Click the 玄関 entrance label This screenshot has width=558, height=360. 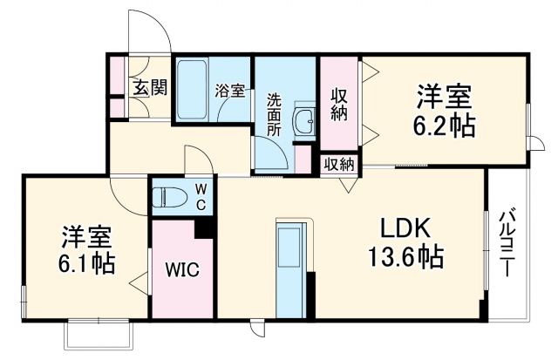pos(150,87)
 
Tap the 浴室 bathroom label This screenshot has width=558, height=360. pos(229,88)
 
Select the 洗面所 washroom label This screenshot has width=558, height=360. pos(273,112)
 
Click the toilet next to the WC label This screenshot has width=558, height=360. pos(168,198)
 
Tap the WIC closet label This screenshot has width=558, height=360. pos(183,269)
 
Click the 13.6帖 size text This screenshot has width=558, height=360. pos(404,258)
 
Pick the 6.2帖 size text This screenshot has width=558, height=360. pos(444,125)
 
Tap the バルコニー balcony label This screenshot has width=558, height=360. pos(507,244)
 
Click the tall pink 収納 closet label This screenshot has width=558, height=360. pos(339,103)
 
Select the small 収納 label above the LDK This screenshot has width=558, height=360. pos(340,163)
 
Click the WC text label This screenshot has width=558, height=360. pos(200,197)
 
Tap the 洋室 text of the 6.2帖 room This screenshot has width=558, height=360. pos(444,94)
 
